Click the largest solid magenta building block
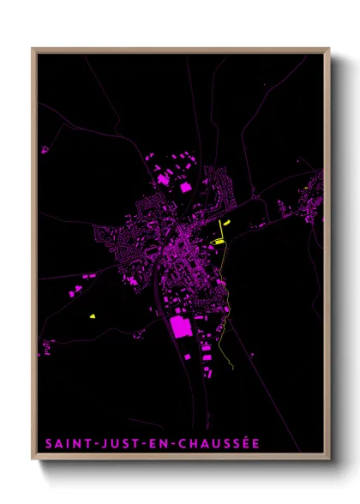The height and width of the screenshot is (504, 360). tap(180, 327)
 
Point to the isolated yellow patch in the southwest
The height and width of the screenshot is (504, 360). tap(91, 316)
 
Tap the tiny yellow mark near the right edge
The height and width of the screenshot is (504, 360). tap(307, 189)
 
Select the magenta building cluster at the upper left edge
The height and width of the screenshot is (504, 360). tap(45, 150)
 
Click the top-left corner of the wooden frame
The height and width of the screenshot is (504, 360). tap(33, 49)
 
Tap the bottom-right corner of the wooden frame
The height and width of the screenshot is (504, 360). tap(329, 459)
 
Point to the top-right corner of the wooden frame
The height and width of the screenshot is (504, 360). tap(329, 49)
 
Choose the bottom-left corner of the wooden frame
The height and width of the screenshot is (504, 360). tap(33, 459)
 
